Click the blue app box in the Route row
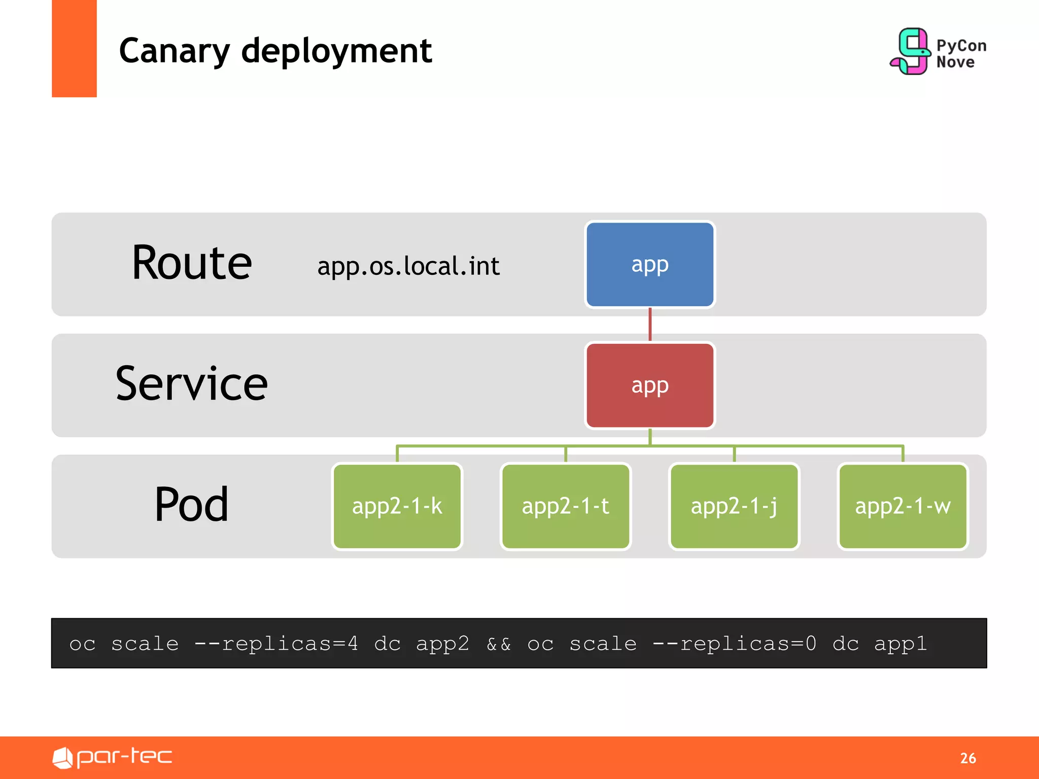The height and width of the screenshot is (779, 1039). coord(649,264)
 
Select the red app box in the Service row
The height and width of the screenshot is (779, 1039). coord(649,385)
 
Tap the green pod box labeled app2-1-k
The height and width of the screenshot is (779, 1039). coord(397,506)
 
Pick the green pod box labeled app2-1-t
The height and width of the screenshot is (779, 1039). coord(565,506)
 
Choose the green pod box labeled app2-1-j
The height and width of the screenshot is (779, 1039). coord(734,506)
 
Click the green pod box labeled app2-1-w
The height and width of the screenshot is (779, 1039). coord(903,506)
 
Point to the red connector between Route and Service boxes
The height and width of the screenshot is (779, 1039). coord(650,325)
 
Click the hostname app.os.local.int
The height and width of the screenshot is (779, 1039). coord(408,266)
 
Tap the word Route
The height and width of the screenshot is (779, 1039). coord(192,263)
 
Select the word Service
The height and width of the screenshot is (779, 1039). coord(192,384)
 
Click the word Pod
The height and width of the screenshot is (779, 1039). coord(192,505)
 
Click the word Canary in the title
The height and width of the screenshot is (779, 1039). coord(175,51)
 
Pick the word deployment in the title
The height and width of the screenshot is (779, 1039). coord(336,51)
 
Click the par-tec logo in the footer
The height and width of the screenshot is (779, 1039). coord(113,757)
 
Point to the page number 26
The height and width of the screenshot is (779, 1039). coord(968,758)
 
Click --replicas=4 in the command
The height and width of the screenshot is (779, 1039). coord(276,644)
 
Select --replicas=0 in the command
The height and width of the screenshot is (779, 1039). coord(735,644)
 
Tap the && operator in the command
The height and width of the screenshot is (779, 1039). coord(499,644)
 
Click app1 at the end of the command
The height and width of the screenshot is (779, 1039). coord(901,644)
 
